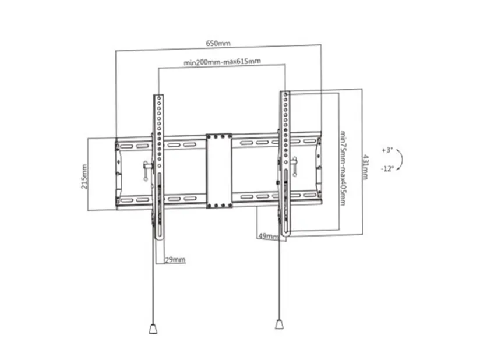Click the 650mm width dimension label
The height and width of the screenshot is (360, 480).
coord(218,43)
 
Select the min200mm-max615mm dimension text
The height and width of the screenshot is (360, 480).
coord(223,62)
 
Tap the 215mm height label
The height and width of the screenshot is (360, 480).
coord(84,177)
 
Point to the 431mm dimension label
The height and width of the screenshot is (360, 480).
coord(365,167)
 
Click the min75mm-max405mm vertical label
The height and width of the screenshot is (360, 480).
coord(343,168)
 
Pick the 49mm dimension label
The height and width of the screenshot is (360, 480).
coord(269,237)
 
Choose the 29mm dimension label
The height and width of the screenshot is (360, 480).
coord(175,260)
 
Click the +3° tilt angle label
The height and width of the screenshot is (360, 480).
coord(387,150)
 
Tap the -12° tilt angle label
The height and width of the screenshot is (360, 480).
coord(387,169)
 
